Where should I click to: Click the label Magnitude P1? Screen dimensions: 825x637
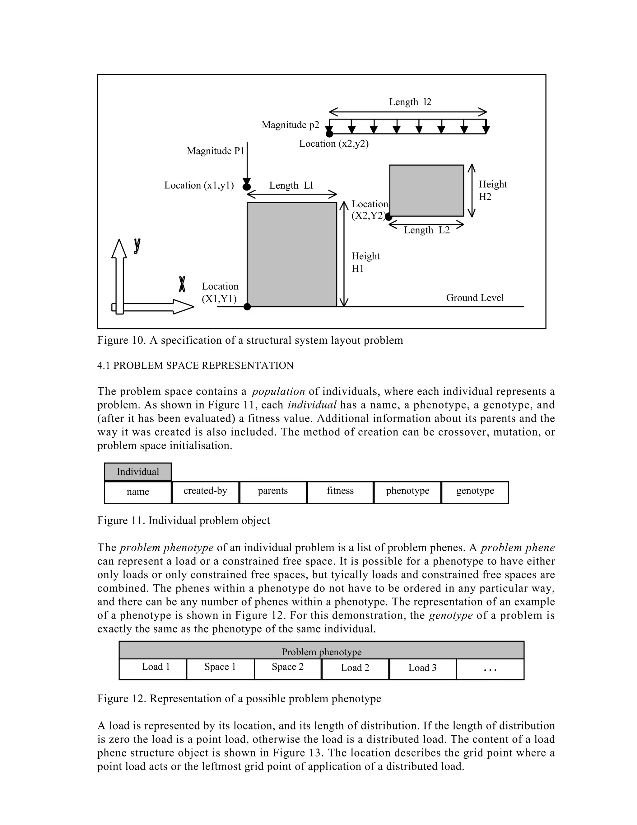click(x=216, y=151)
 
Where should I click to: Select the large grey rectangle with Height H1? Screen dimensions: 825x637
click(x=292, y=254)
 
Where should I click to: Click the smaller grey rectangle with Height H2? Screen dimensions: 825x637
click(x=426, y=191)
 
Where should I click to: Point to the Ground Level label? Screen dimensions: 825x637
click(x=475, y=298)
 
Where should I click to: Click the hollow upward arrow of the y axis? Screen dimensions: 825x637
click(x=119, y=276)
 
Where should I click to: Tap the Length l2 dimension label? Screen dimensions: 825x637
click(x=410, y=102)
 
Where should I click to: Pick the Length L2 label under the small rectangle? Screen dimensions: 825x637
click(x=427, y=230)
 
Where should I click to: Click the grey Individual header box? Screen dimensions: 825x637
click(x=138, y=472)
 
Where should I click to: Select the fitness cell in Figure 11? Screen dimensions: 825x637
click(x=340, y=492)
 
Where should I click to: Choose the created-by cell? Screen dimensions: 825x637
click(x=205, y=492)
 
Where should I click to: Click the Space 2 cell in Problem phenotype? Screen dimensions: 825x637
click(x=288, y=667)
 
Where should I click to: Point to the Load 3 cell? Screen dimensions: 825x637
click(x=422, y=668)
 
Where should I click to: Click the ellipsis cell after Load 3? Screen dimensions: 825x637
click(x=490, y=669)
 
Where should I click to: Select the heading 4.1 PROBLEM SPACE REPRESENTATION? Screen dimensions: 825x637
click(x=195, y=366)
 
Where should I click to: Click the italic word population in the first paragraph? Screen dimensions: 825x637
click(x=278, y=391)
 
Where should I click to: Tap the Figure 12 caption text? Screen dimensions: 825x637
click(x=239, y=699)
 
